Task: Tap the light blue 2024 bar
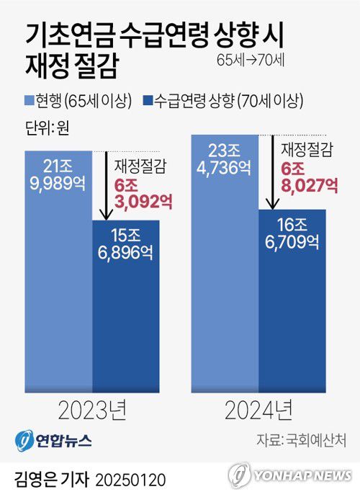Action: pos(225,288)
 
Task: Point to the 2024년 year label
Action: pos(258,412)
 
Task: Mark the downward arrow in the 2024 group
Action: pos(271,173)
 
